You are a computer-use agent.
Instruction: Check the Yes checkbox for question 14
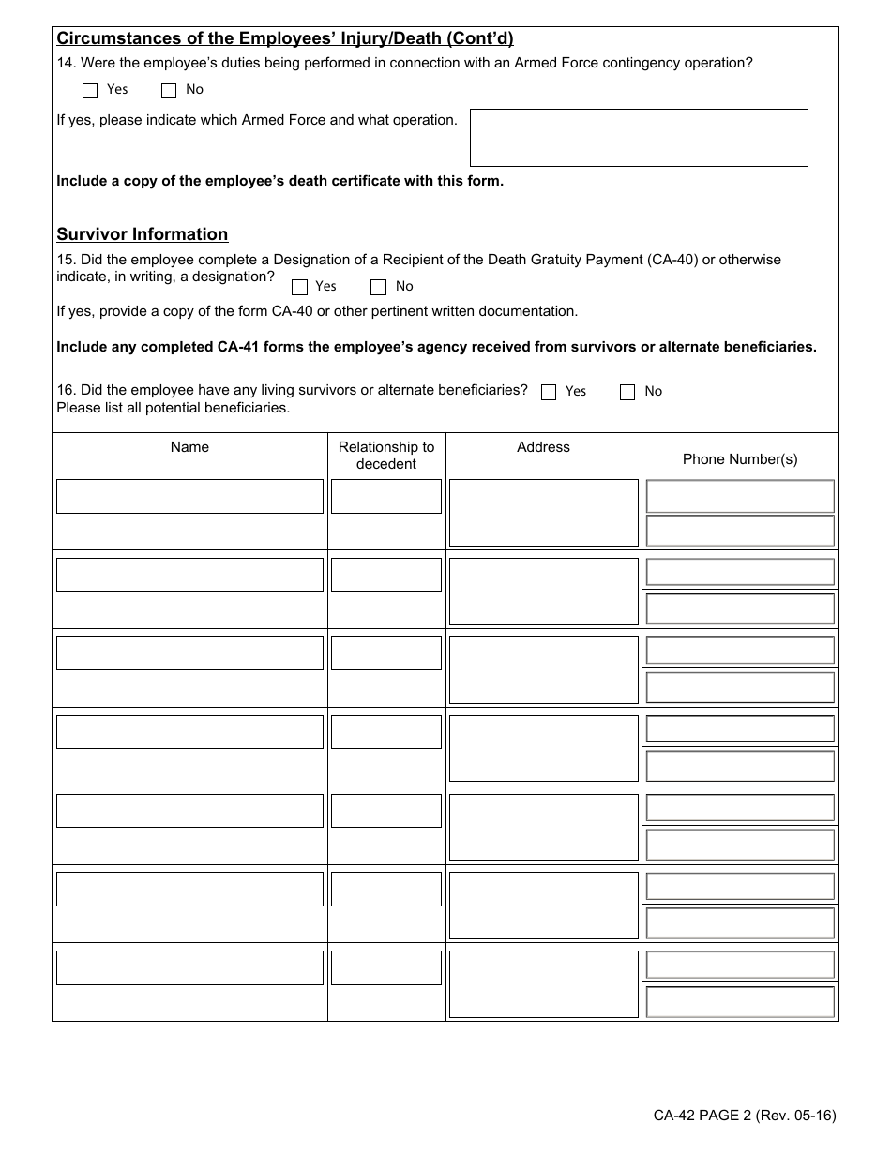[x=90, y=91]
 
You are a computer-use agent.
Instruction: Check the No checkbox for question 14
[x=169, y=91]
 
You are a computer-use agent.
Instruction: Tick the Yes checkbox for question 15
[x=300, y=288]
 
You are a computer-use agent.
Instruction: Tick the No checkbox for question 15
[x=379, y=288]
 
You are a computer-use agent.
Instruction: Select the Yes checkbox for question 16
[x=549, y=393]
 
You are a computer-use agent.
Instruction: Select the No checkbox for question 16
[x=627, y=393]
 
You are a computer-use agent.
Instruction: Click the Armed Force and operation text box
[x=638, y=138]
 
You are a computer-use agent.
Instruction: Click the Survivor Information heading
[x=143, y=234]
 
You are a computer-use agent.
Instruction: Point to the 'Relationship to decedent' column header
[x=386, y=456]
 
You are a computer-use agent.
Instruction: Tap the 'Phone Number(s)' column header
[x=740, y=459]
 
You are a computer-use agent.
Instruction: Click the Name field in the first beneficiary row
[x=189, y=497]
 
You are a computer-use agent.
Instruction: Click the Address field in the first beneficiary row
[x=544, y=513]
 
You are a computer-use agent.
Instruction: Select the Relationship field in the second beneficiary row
[x=386, y=576]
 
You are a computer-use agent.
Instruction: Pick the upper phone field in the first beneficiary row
[x=740, y=496]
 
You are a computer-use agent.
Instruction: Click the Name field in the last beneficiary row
[x=189, y=968]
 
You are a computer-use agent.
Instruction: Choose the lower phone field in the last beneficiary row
[x=740, y=1002]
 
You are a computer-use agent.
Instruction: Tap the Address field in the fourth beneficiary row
[x=544, y=748]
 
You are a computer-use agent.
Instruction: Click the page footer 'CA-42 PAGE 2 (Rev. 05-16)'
[x=745, y=1116]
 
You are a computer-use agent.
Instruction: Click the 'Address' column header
[x=544, y=447]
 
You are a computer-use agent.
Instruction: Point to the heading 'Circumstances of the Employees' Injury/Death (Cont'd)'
[x=285, y=39]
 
